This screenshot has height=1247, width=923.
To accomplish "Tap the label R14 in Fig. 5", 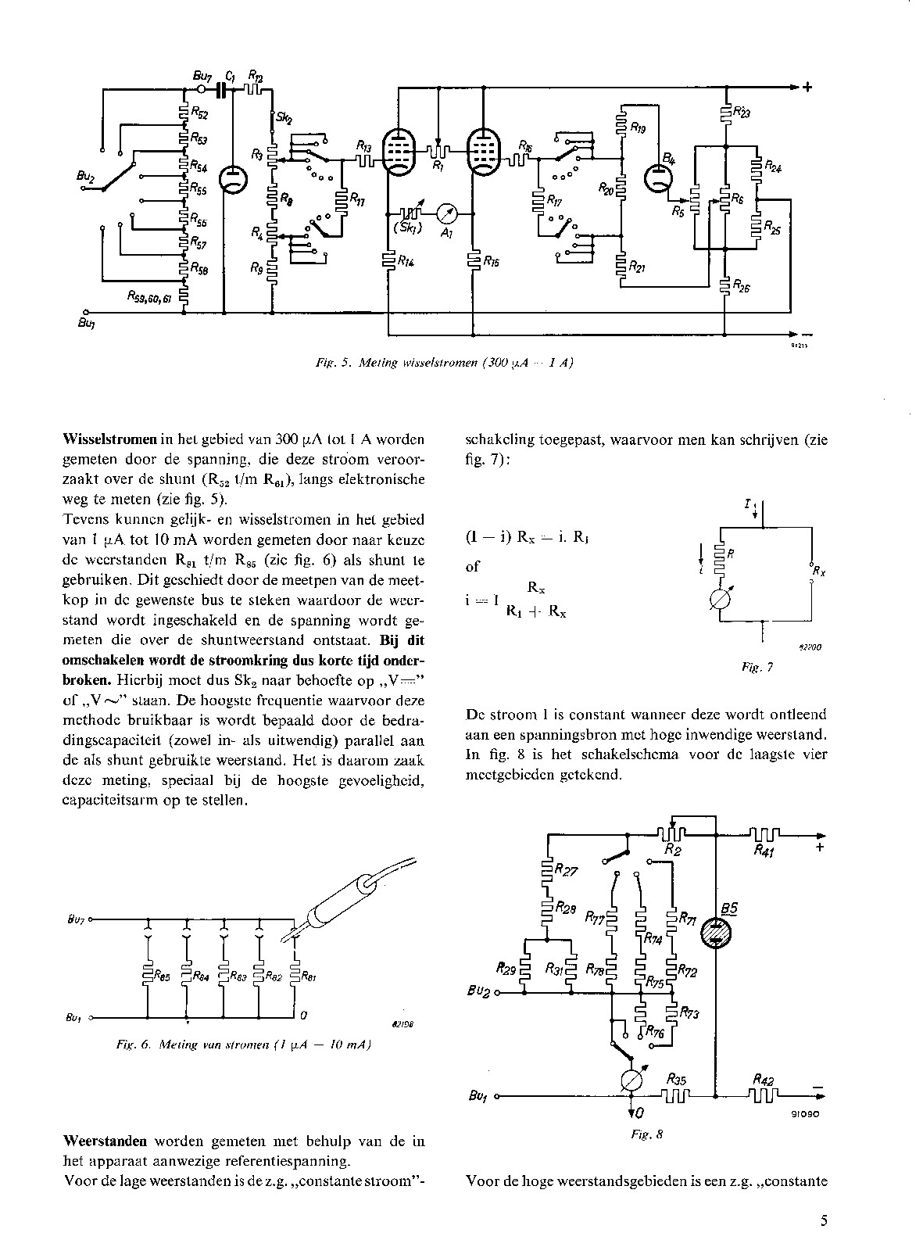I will (x=405, y=263).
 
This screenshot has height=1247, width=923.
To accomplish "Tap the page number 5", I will (x=825, y=1220).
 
